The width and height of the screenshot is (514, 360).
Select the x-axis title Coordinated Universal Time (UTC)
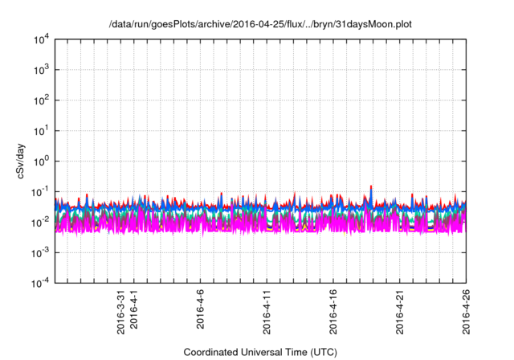click(259, 351)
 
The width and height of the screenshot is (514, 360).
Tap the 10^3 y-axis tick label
click(40, 70)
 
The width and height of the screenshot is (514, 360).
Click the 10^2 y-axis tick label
click(40, 100)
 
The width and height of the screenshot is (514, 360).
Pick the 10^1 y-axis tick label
click(40, 130)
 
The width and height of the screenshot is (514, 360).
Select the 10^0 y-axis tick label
click(40, 161)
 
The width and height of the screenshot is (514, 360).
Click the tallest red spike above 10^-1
click(371, 187)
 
